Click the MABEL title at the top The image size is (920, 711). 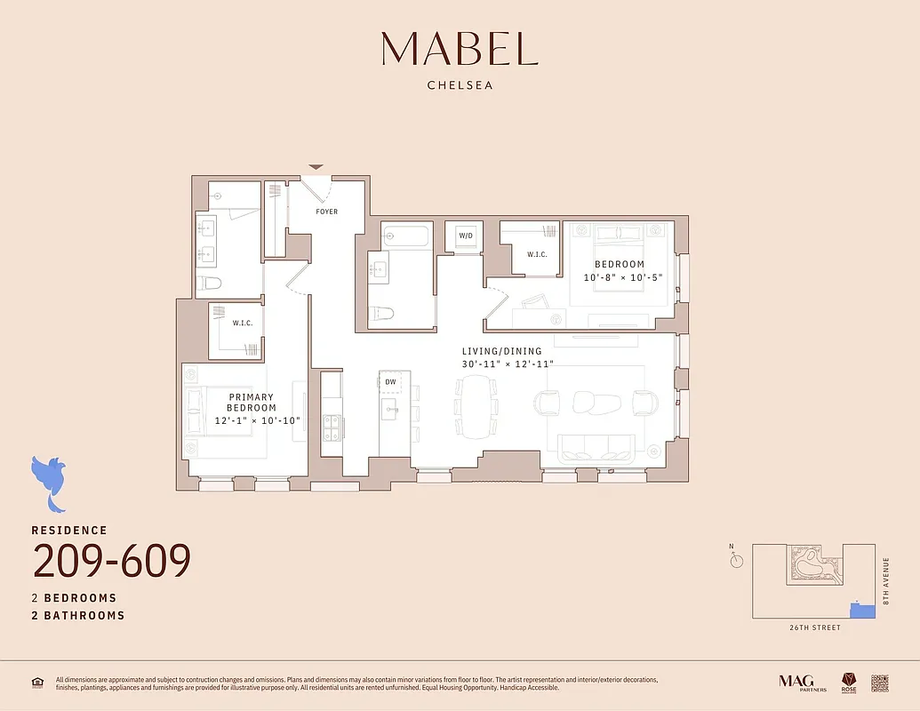coord(460,49)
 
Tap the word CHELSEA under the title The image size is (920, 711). coord(460,86)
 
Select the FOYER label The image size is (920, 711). coord(326,212)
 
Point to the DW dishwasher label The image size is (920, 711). coord(390,382)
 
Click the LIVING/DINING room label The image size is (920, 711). coord(507,351)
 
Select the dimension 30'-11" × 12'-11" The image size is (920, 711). coord(508,364)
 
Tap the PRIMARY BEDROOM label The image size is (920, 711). coord(252,403)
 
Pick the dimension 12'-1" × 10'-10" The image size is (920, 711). coord(258,420)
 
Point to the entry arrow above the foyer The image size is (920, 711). coord(316,167)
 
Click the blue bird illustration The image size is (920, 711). coord(50,481)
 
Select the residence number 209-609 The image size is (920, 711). coord(112,561)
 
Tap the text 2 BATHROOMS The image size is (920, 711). coord(78,615)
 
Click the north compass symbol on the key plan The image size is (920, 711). coord(737,560)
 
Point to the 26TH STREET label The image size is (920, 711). coord(814,627)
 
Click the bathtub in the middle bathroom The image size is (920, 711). coord(405,236)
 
